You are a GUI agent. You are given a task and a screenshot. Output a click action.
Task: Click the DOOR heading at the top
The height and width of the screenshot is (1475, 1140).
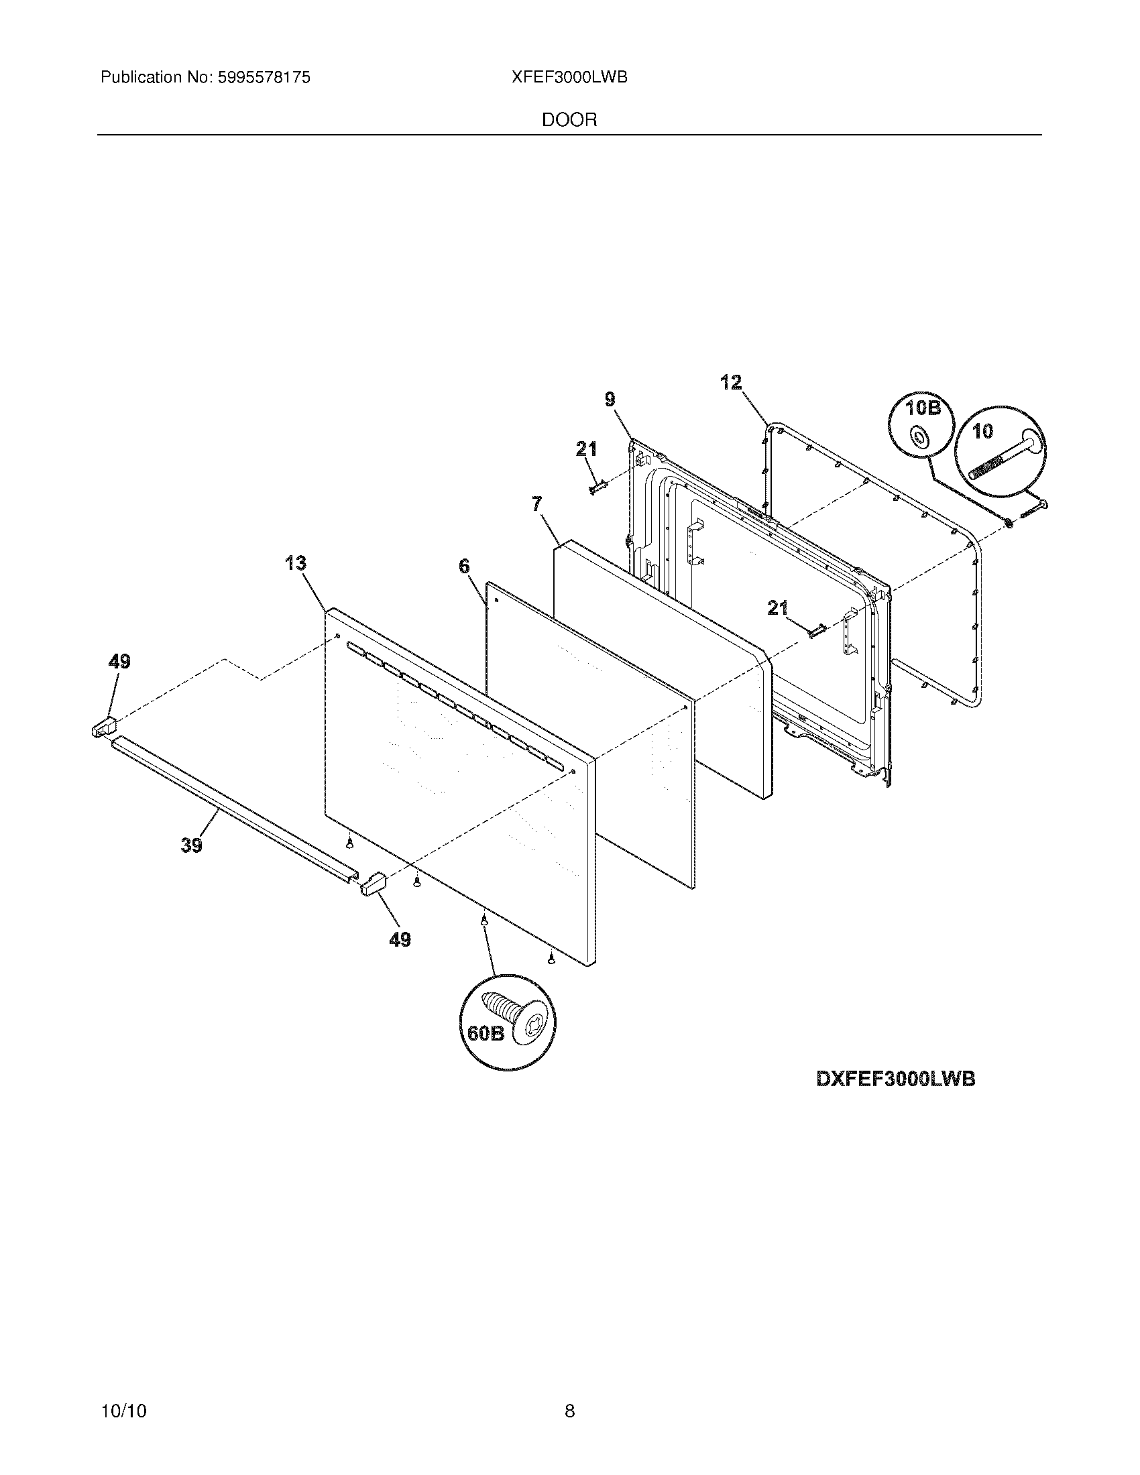pyautogui.click(x=569, y=120)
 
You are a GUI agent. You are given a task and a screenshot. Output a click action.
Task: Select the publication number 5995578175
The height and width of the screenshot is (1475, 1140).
pyautogui.click(x=262, y=78)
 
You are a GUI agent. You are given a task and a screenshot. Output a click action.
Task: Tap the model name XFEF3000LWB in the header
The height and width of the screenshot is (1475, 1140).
pyautogui.click(x=569, y=78)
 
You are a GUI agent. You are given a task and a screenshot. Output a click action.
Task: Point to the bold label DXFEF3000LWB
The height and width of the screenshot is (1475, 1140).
pyautogui.click(x=895, y=1079)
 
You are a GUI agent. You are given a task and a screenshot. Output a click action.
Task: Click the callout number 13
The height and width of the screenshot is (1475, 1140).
pyautogui.click(x=296, y=563)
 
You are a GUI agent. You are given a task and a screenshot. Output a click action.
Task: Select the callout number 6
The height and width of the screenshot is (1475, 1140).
pyautogui.click(x=465, y=566)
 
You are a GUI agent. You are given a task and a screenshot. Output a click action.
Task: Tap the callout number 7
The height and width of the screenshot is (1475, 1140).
pyautogui.click(x=537, y=504)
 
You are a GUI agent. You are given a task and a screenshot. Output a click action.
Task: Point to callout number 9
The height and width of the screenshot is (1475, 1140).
pyautogui.click(x=610, y=400)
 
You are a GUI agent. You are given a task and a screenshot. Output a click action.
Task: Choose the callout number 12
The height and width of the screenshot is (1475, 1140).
pyautogui.click(x=731, y=383)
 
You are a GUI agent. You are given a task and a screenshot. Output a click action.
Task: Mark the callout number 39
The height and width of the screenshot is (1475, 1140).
pyautogui.click(x=192, y=845)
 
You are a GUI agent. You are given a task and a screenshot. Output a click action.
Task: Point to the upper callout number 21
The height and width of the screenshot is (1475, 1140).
pyautogui.click(x=586, y=448)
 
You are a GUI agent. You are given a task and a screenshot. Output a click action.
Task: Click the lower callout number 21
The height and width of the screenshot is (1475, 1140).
pyautogui.click(x=778, y=609)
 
